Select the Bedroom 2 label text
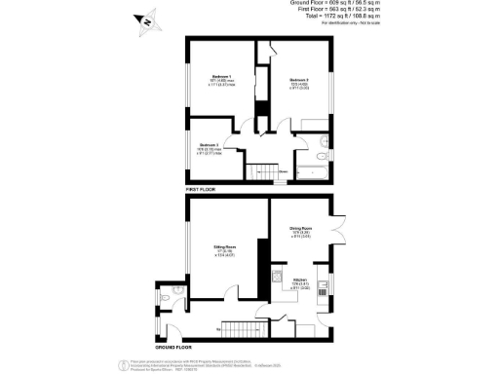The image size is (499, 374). pyautogui.click(x=299, y=79)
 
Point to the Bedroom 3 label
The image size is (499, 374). pyautogui.click(x=211, y=144)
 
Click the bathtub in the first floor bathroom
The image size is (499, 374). pyautogui.click(x=311, y=172)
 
